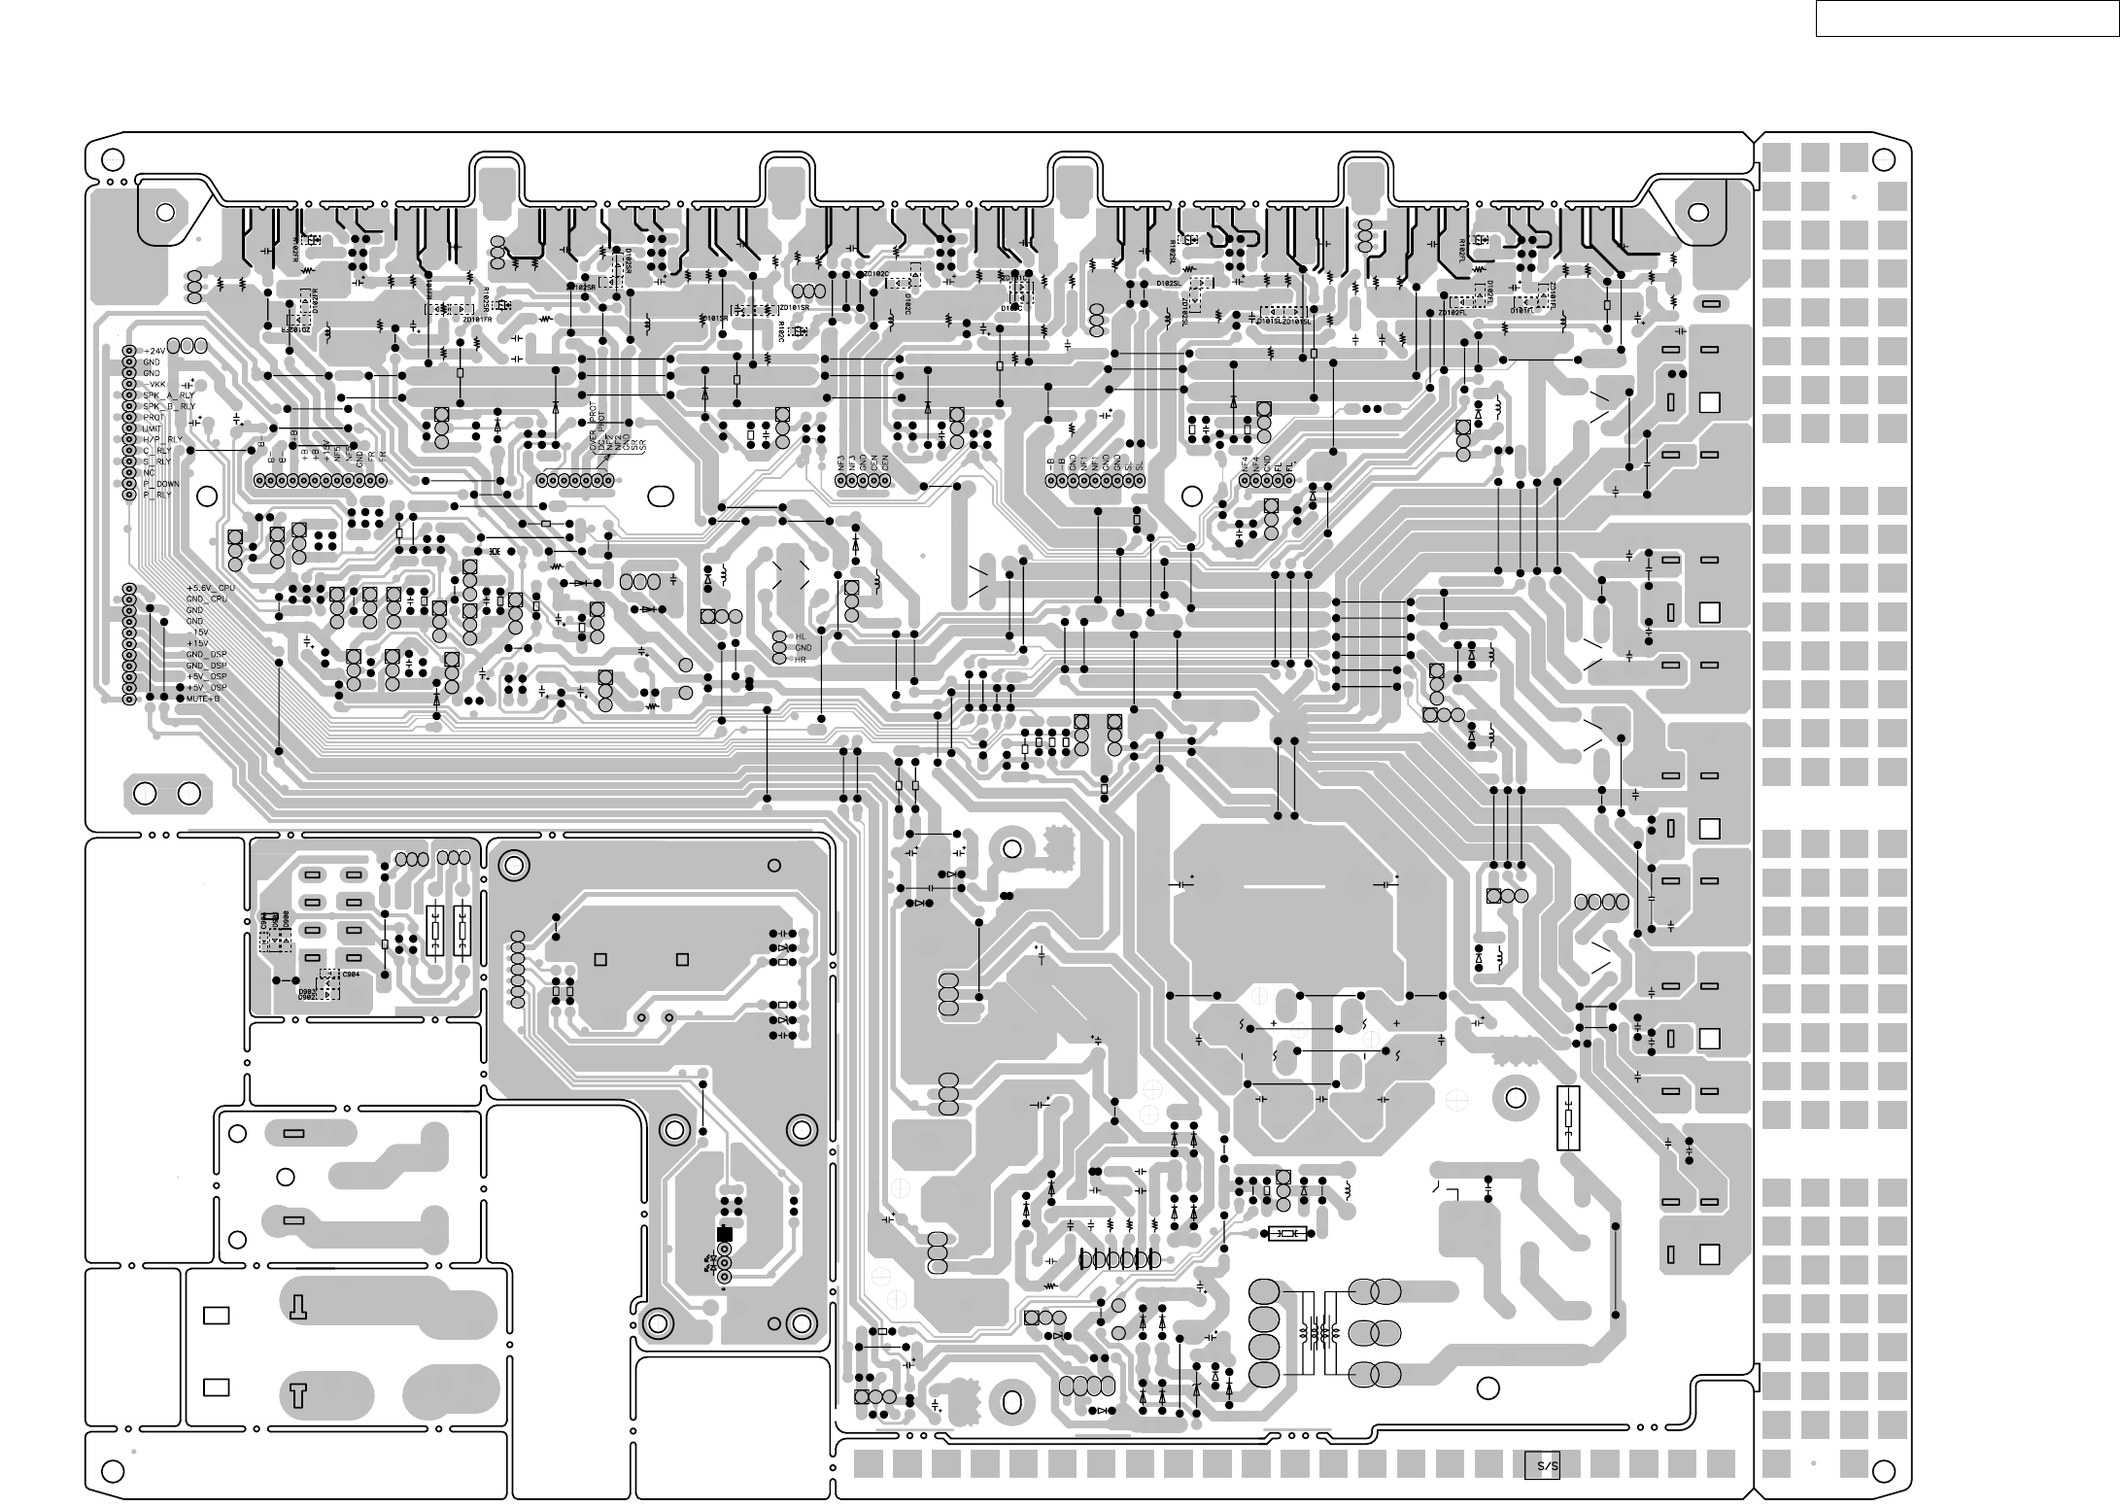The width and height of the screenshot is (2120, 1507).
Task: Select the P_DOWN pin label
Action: coord(161,484)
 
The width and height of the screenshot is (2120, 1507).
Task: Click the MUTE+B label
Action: coord(203,699)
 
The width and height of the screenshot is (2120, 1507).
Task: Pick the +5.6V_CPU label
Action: coord(211,588)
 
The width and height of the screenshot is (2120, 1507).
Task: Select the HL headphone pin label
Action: coord(801,636)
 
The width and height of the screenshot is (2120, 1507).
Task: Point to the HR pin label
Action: coord(801,660)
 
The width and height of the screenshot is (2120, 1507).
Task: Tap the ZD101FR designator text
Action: coord(477,319)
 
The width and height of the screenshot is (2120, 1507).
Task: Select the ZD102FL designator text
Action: coord(1452,313)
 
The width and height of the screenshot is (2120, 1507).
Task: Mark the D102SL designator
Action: coord(1168,283)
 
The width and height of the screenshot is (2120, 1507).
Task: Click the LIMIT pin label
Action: coord(154,428)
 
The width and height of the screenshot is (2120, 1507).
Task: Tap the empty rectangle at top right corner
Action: coord(1966,18)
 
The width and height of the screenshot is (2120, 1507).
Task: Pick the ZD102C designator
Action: coord(875,274)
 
